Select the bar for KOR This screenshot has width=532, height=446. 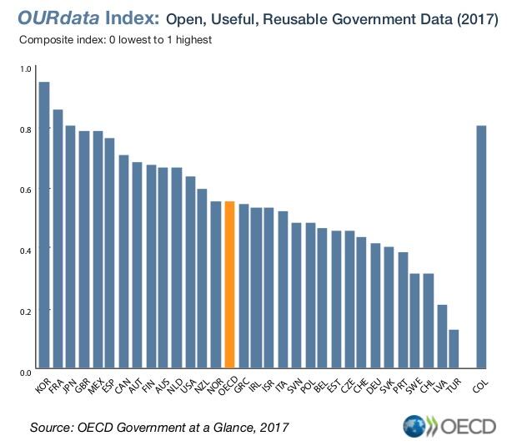[x=44, y=226]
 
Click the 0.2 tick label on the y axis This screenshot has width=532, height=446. [x=24, y=311]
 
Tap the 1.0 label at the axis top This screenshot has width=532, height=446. [x=24, y=69]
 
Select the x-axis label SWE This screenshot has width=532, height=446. [x=411, y=386]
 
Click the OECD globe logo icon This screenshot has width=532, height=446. [x=414, y=427]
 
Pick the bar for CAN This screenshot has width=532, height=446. [x=123, y=262]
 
